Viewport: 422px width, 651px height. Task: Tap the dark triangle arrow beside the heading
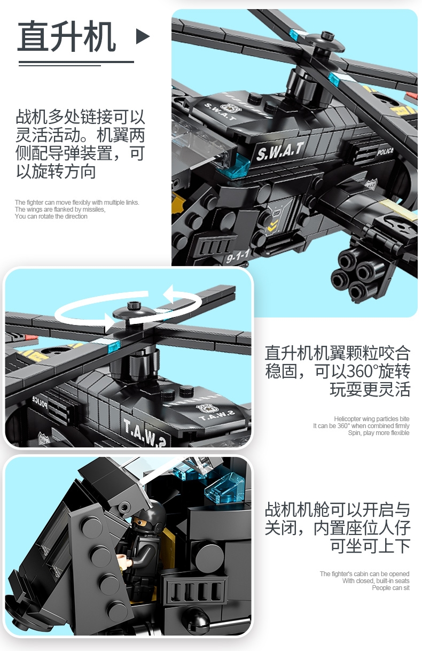coord(142,36)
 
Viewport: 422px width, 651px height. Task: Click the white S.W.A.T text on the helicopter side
coord(280,150)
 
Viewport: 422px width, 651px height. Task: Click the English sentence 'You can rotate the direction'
coord(51,216)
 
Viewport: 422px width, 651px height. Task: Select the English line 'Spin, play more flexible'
coord(379,433)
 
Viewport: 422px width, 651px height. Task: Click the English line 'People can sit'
coord(391,588)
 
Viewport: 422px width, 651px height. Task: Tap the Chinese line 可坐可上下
coord(370,546)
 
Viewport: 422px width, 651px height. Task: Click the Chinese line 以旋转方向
coord(56,172)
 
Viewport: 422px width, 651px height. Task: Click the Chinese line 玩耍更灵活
coord(370,389)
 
